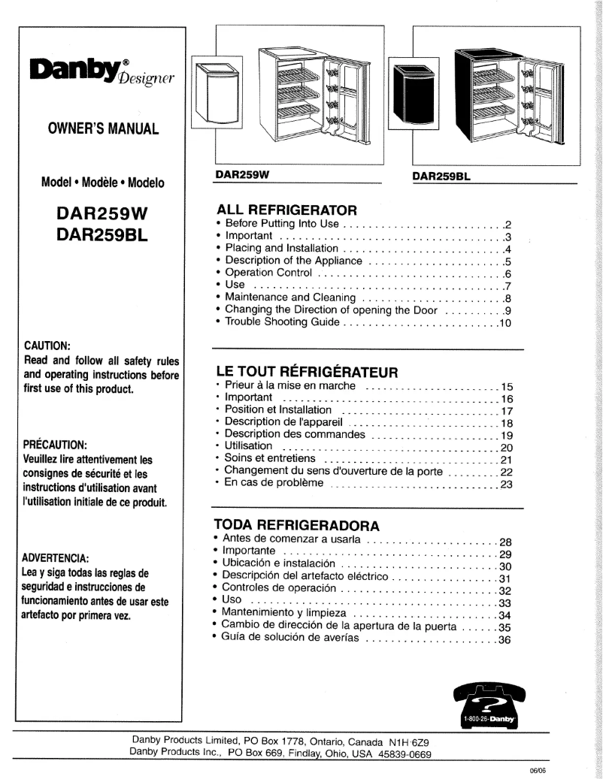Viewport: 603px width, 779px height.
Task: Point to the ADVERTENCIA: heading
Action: (56, 557)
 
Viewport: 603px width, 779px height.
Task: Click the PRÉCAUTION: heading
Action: (55, 444)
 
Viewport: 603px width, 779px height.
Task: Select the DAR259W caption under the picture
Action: (242, 175)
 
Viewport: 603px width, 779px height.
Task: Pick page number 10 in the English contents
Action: (505, 324)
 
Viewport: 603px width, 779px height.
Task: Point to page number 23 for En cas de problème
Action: (505, 485)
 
